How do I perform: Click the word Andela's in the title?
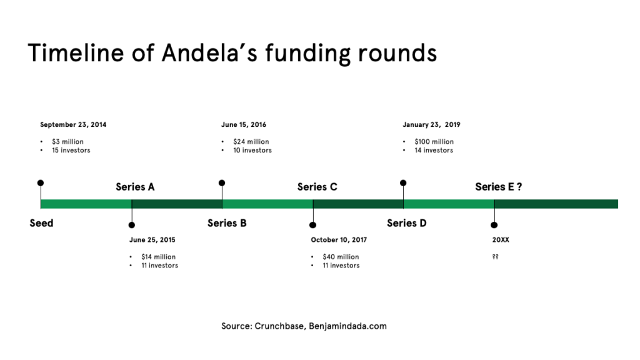coord(209,53)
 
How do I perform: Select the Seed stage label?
coord(41,223)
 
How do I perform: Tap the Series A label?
coord(135,187)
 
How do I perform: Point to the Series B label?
coord(227,223)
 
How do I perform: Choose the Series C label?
coord(317,187)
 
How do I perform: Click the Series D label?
coord(406,223)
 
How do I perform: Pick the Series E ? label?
coord(498,187)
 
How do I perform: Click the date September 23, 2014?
coord(73,124)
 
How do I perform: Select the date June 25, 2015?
coord(152,239)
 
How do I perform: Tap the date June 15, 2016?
coord(244,124)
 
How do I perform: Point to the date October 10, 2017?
coord(339,239)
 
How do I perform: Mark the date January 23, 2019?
coord(431,124)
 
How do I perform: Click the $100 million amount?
coord(434,142)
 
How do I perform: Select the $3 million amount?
coord(67,142)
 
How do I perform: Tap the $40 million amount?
coord(341,257)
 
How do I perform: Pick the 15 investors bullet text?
coord(71,150)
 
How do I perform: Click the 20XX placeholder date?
coord(501,239)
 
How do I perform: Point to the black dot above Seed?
coord(41,183)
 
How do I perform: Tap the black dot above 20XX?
coord(494,225)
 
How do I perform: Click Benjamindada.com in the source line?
coord(347,326)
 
